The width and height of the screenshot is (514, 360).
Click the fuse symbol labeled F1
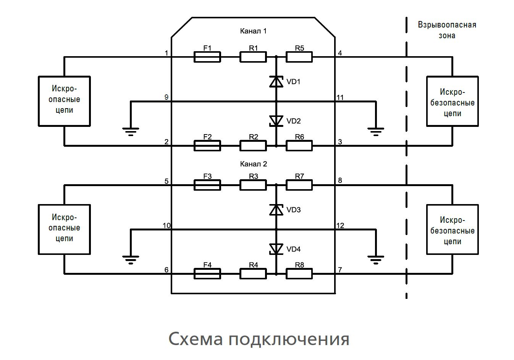pyautogui.click(x=207, y=57)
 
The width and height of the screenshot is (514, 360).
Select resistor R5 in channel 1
pyautogui.click(x=299, y=57)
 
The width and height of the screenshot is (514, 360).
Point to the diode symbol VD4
pyautogui.click(x=276, y=249)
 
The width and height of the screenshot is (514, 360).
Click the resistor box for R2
pyautogui.click(x=253, y=146)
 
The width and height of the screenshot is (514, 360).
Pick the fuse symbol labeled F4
pyautogui.click(x=207, y=274)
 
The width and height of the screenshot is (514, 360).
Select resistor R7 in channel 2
pyautogui.click(x=299, y=185)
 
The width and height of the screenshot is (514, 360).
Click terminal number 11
pyautogui.click(x=340, y=97)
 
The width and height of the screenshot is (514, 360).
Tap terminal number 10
pyautogui.click(x=166, y=225)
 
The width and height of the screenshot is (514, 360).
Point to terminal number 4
pyautogui.click(x=340, y=53)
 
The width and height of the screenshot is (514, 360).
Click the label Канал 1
pyautogui.click(x=253, y=31)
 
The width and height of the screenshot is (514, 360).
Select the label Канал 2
pyautogui.click(x=253, y=164)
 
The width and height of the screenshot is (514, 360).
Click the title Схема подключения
pyautogui.click(x=259, y=339)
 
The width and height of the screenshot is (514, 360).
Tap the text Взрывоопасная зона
pyautogui.click(x=447, y=30)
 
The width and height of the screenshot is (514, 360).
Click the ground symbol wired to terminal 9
pyautogui.click(x=131, y=131)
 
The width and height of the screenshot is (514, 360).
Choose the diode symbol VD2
pyautogui.click(x=276, y=121)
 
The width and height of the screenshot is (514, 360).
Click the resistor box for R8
pyautogui.click(x=299, y=274)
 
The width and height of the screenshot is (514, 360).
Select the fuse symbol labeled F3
pyautogui.click(x=207, y=185)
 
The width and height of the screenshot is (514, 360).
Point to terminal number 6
pyautogui.click(x=166, y=270)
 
